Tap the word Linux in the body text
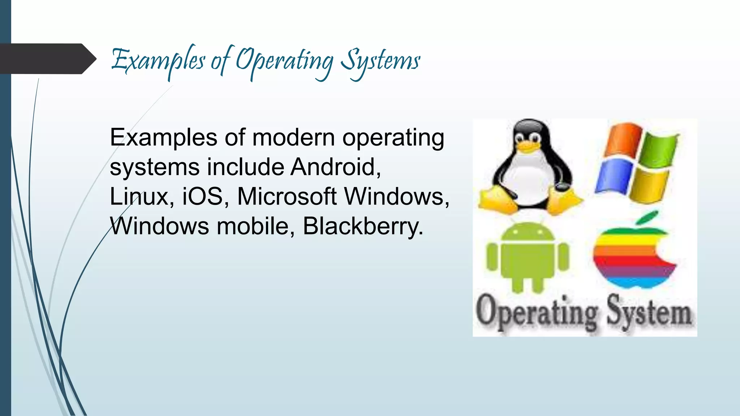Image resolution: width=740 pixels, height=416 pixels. [x=139, y=196]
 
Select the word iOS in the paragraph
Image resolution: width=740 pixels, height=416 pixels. [x=202, y=196]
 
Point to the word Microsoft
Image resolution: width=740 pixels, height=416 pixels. [x=287, y=196]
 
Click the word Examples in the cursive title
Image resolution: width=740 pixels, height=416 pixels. [x=158, y=61]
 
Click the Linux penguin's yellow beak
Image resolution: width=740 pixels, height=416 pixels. [x=529, y=146]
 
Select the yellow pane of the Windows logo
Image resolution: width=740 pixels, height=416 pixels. [x=649, y=186]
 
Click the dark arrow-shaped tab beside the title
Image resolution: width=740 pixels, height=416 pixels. [x=47, y=59]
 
